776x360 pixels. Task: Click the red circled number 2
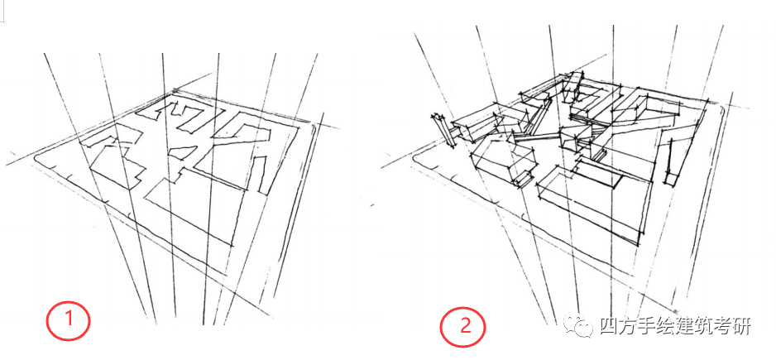point(462,324)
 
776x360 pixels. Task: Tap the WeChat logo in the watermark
point(580,325)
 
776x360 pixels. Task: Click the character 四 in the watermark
point(609,326)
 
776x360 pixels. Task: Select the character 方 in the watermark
point(631,326)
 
